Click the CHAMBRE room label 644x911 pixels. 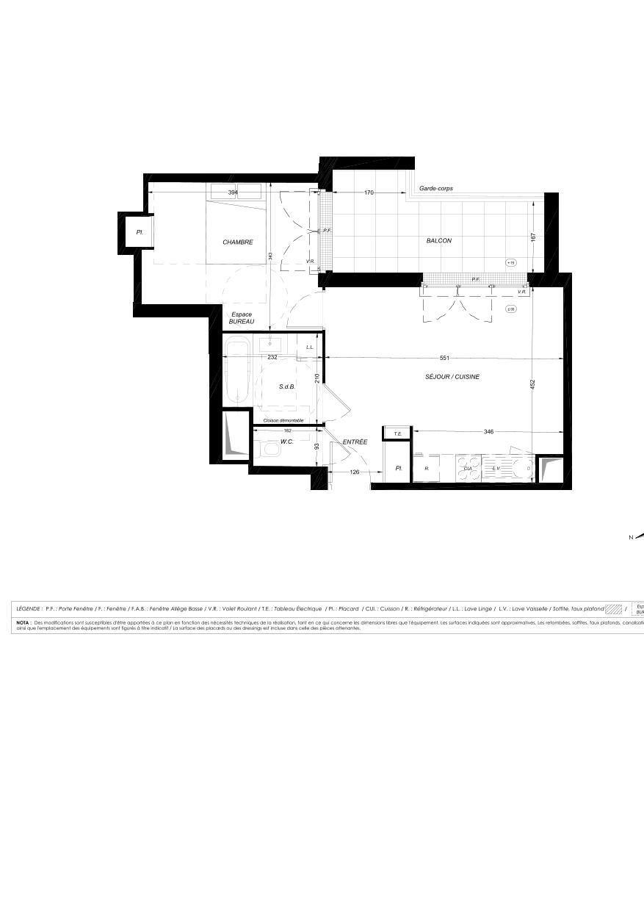click(238, 242)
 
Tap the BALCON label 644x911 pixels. click(439, 241)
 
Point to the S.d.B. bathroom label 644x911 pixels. click(286, 386)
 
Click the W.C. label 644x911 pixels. click(287, 442)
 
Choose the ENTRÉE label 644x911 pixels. click(355, 442)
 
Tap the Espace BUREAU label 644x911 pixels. click(241, 318)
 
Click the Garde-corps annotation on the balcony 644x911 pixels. click(436, 189)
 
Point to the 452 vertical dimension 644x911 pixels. click(533, 384)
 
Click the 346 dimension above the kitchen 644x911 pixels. click(488, 432)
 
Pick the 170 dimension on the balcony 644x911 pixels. click(369, 192)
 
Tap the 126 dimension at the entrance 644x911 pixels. click(355, 472)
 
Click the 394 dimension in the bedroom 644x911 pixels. click(233, 192)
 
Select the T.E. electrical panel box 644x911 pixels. click(397, 433)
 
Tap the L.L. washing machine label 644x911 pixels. click(310, 348)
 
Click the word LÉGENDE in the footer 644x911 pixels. click(29, 608)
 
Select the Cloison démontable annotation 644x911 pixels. click(283, 420)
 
